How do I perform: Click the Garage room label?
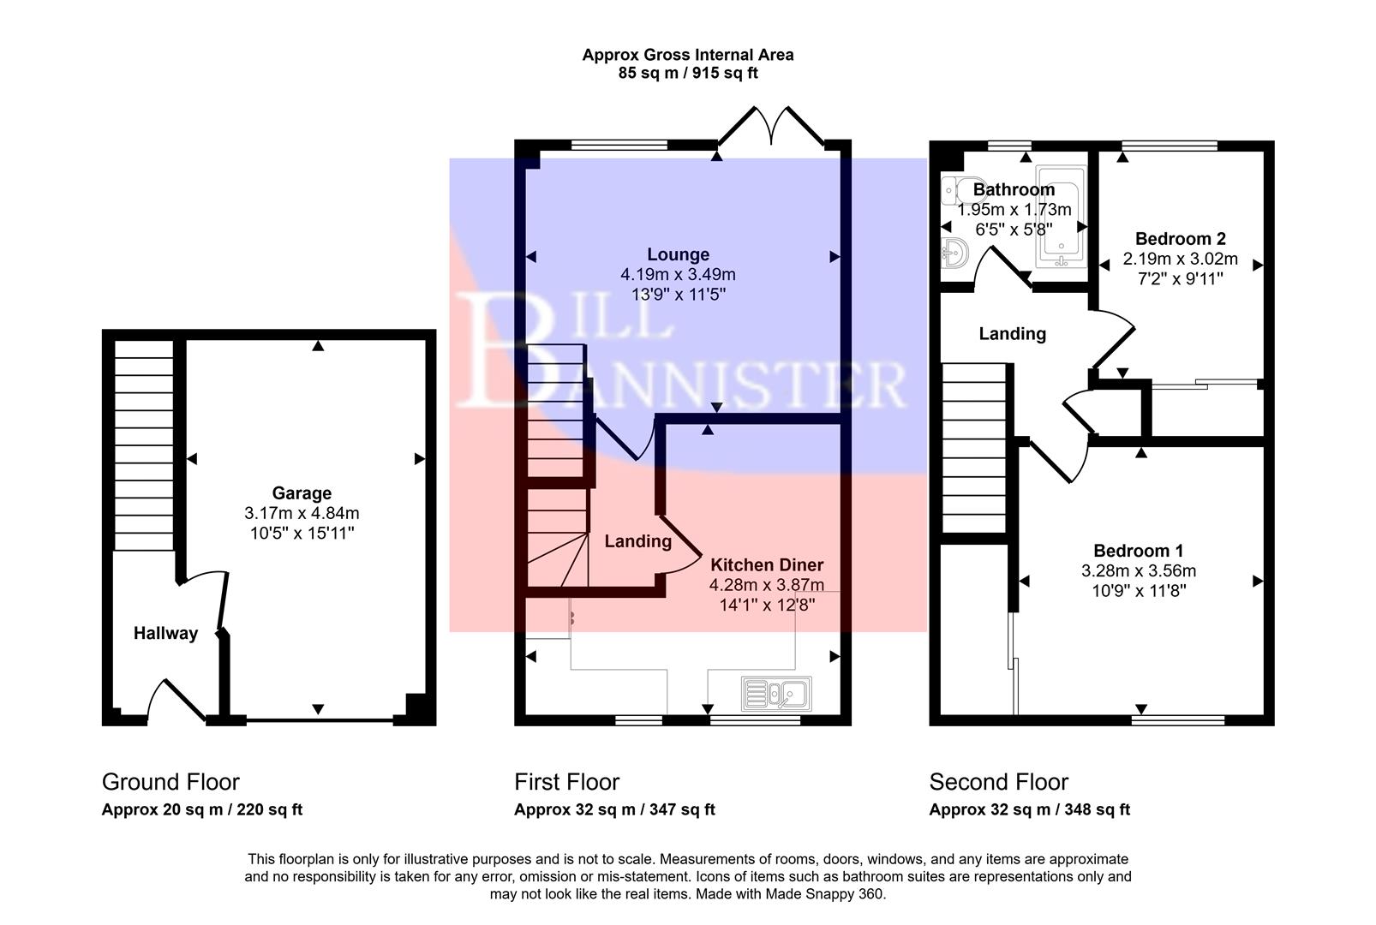pyautogui.click(x=302, y=493)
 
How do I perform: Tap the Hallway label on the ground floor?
pyautogui.click(x=165, y=634)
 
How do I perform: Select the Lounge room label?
pyautogui.click(x=678, y=254)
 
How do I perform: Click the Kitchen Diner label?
pyautogui.click(x=767, y=565)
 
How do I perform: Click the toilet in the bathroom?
pyautogui.click(x=956, y=191)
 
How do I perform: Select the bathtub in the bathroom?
pyautogui.click(x=1061, y=217)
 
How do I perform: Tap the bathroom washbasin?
pyautogui.click(x=954, y=254)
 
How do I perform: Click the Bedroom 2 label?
pyautogui.click(x=1180, y=239)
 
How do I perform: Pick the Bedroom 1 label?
pyautogui.click(x=1138, y=551)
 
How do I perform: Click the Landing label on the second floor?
pyautogui.click(x=1012, y=334)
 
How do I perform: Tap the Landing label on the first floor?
pyautogui.click(x=637, y=541)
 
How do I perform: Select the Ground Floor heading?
pyautogui.click(x=171, y=782)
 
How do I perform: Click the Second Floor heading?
pyautogui.click(x=999, y=782)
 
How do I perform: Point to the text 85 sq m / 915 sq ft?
pyautogui.click(x=687, y=74)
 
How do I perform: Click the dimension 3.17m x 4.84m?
pyautogui.click(x=302, y=514)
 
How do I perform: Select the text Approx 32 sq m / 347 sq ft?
pyautogui.click(x=614, y=809)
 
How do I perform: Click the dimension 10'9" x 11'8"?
pyautogui.click(x=1138, y=591)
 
